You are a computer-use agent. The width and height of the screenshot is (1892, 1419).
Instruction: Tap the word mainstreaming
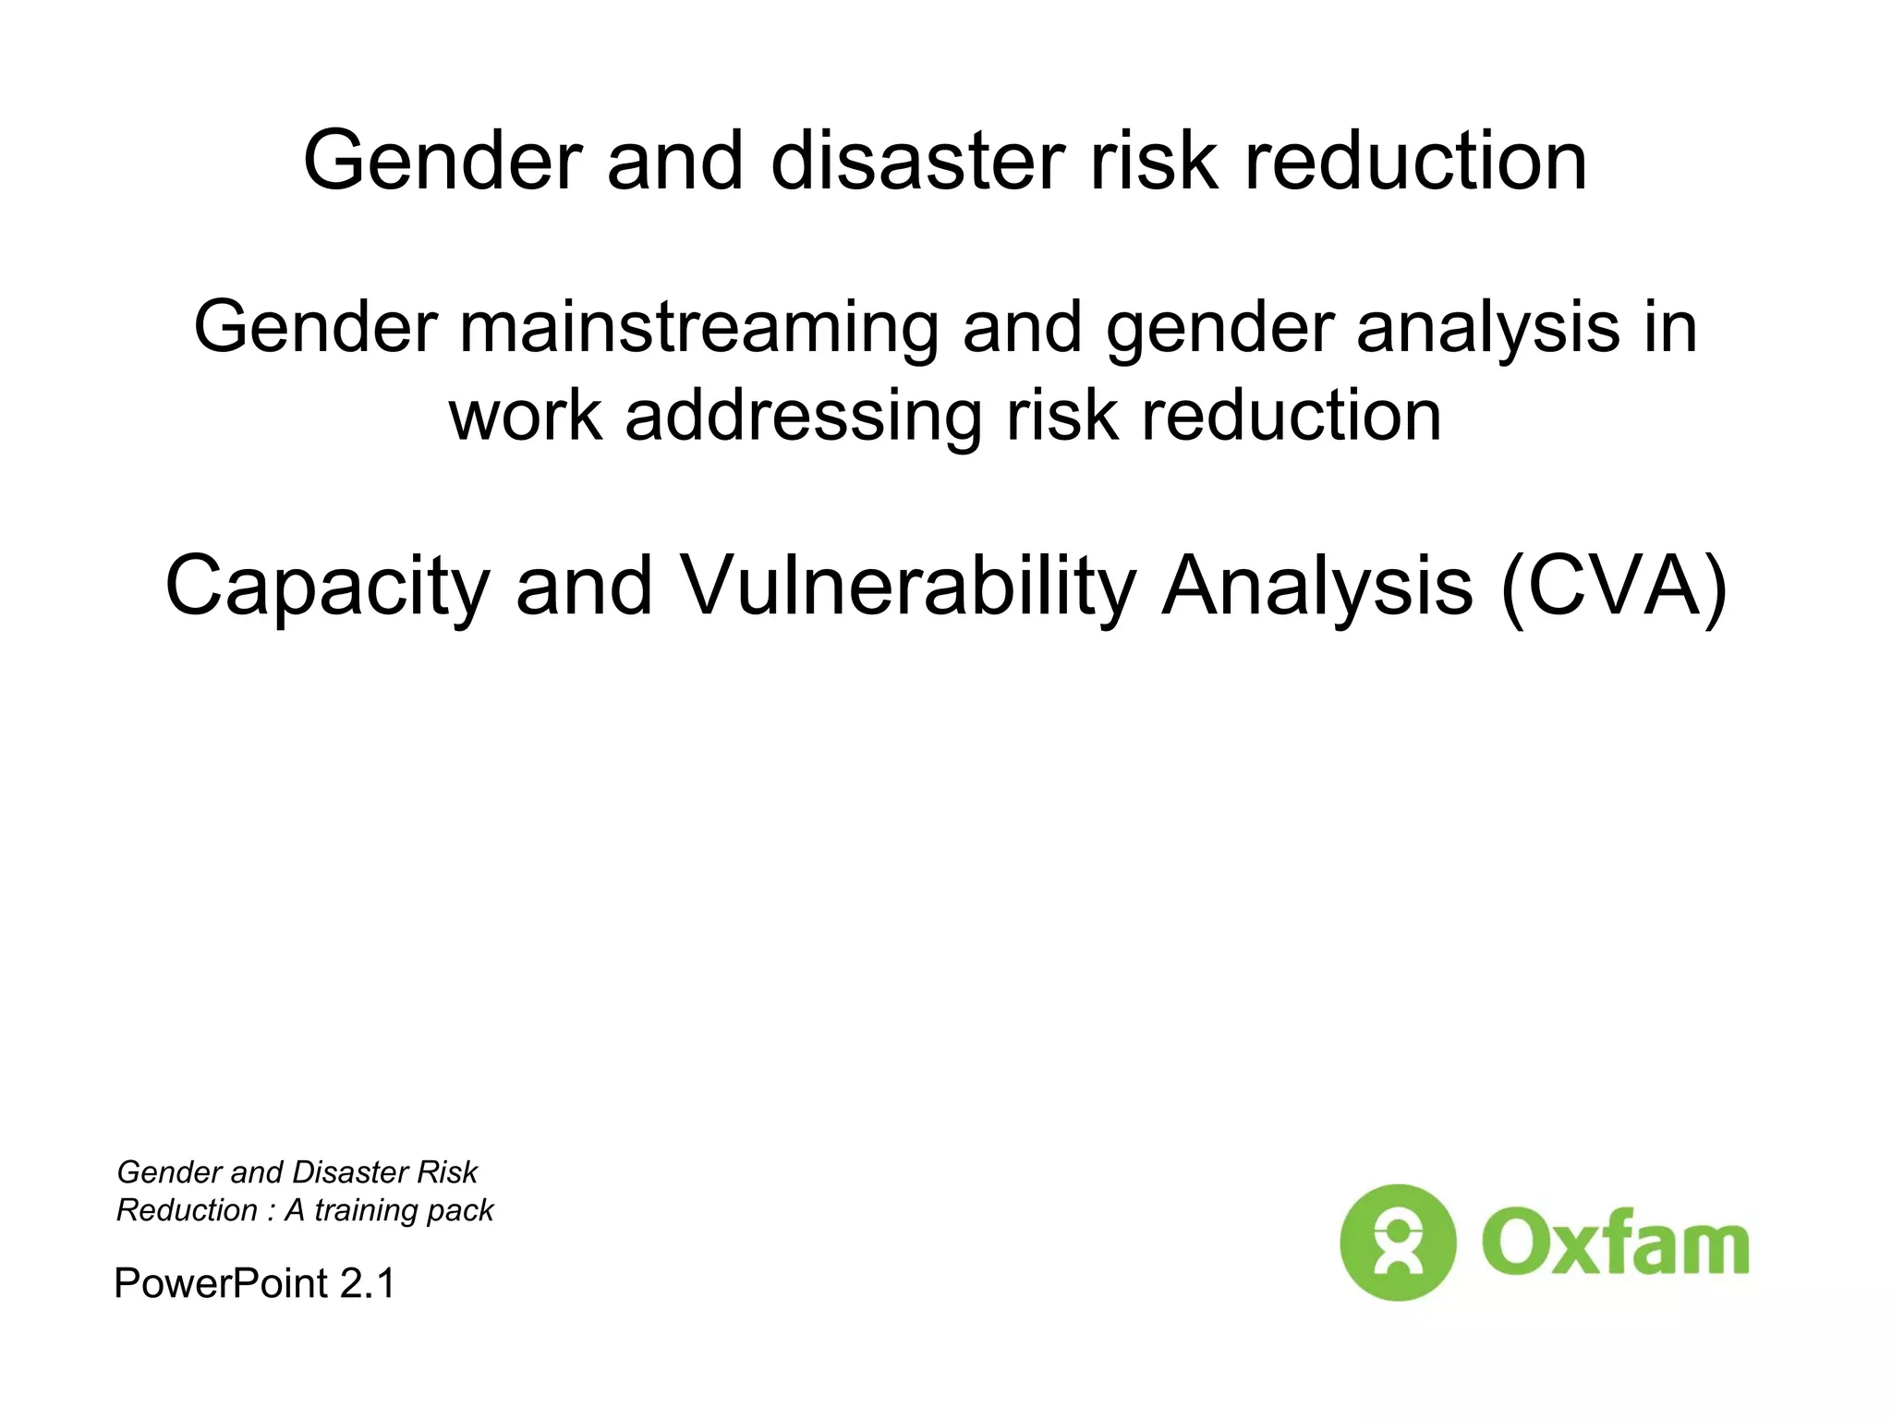698,328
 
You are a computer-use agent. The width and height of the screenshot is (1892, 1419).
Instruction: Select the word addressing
803,416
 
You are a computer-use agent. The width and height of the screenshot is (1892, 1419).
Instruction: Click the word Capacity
327,587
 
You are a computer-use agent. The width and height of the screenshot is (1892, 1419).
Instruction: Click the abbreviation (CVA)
1613,587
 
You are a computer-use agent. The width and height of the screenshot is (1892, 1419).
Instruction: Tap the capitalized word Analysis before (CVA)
1317,587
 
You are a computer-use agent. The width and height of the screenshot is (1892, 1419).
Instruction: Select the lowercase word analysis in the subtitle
1487,328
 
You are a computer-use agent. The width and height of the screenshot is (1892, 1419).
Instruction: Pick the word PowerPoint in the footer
221,1283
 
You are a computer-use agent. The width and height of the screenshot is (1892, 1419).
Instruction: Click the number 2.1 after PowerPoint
367,1283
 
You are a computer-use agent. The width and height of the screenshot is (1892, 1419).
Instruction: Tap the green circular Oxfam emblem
1397,1243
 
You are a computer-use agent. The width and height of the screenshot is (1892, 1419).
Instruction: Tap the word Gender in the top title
443,162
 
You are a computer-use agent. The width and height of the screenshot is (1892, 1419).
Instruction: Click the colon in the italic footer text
271,1211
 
